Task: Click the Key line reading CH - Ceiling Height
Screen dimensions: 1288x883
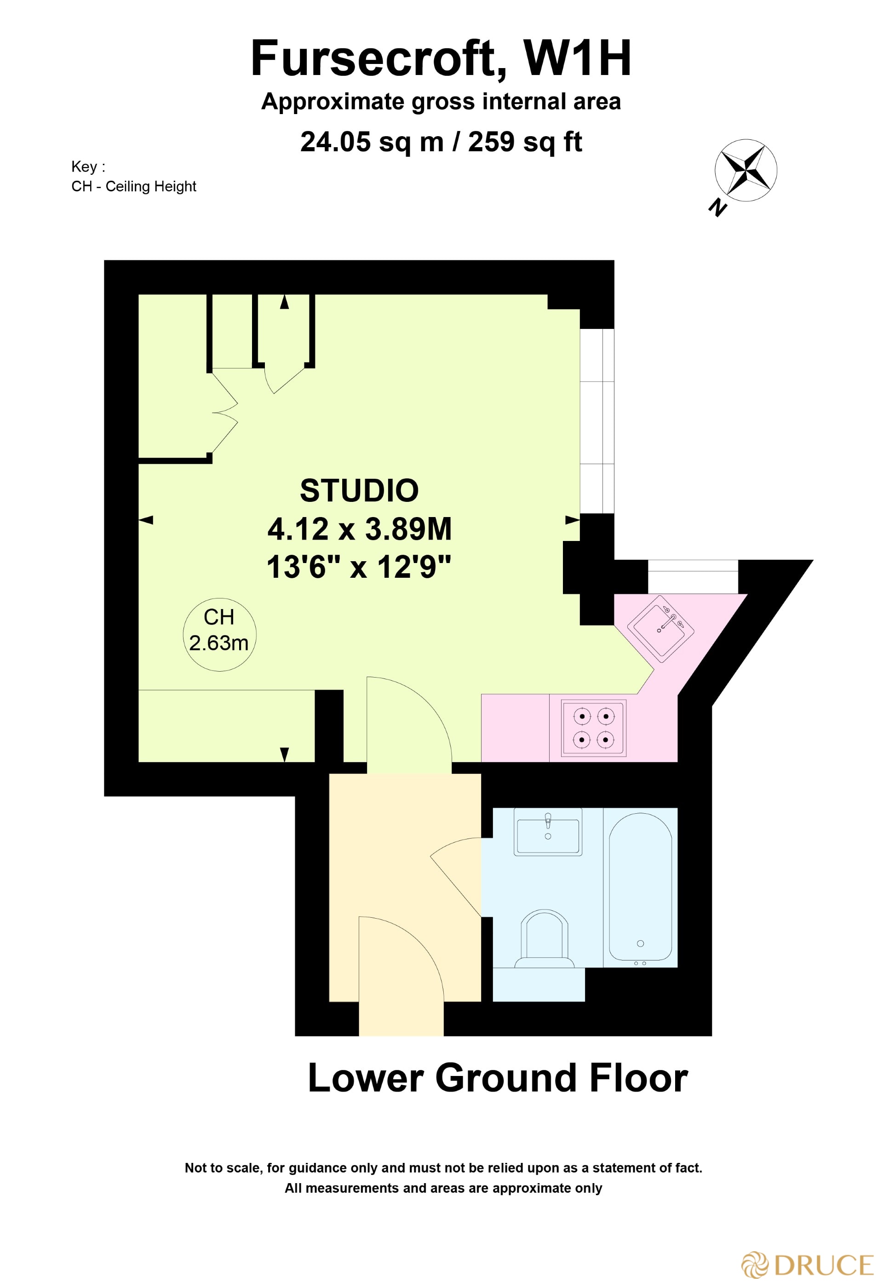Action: coord(133,186)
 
